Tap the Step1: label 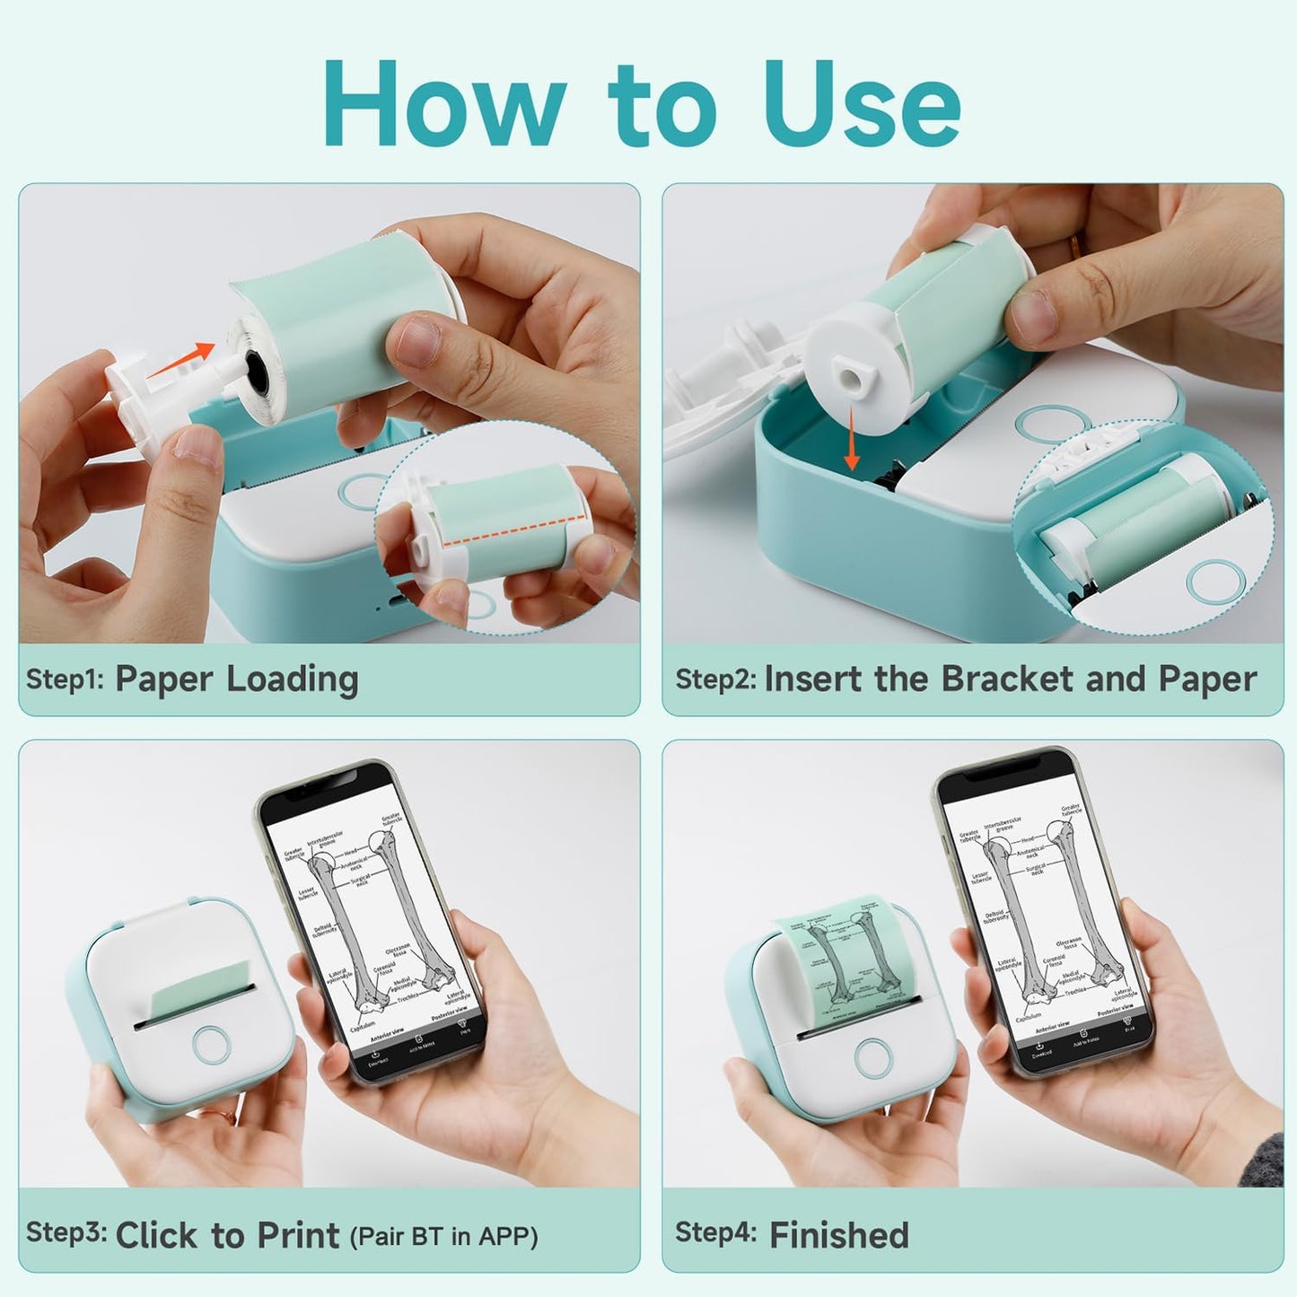(x=66, y=679)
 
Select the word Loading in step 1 (x=293, y=679)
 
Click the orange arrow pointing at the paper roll (x=180, y=359)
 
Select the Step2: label (x=716, y=679)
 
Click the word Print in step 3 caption (x=298, y=1236)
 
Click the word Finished (x=839, y=1236)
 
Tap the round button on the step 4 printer (x=872, y=1057)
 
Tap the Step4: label (x=715, y=1233)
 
